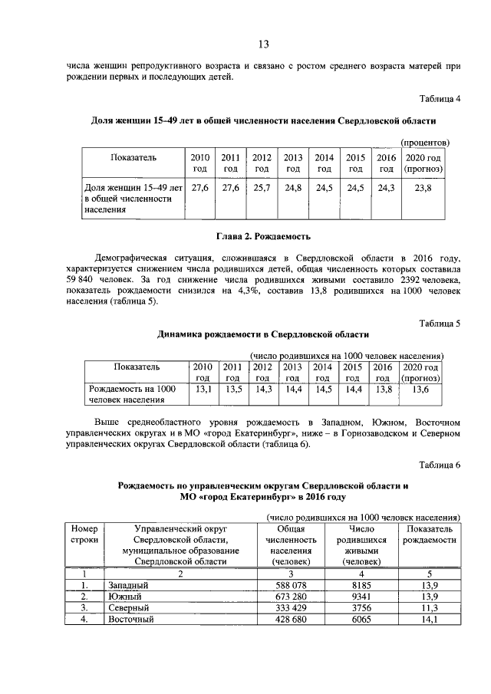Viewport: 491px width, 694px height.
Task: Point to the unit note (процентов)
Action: pos(426,143)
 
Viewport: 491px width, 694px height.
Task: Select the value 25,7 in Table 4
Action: pos(262,187)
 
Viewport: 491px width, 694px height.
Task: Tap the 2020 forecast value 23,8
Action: pos(423,187)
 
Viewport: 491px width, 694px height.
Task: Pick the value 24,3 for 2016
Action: pos(386,187)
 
